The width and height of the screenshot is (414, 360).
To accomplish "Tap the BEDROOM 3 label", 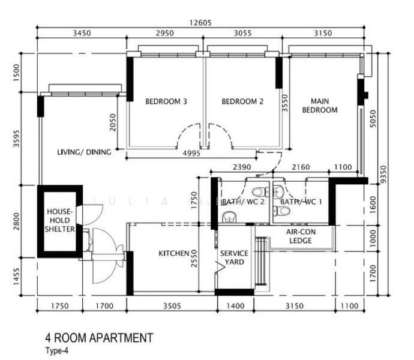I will point(166,102).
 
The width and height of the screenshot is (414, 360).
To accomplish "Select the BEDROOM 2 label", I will point(242,102).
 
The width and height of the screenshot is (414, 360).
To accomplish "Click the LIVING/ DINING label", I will point(84,152).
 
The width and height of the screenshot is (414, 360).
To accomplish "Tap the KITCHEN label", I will point(174,254).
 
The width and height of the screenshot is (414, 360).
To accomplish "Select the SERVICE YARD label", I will point(234,257).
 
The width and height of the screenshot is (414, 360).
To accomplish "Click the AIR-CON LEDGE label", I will point(300,236).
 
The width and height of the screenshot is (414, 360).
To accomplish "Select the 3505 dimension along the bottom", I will point(171,306).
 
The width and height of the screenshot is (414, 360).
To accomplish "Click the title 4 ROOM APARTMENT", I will point(99,338).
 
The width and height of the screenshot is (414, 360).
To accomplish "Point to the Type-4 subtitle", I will point(58,352).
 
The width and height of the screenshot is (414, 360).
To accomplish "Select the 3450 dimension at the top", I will point(82,34).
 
